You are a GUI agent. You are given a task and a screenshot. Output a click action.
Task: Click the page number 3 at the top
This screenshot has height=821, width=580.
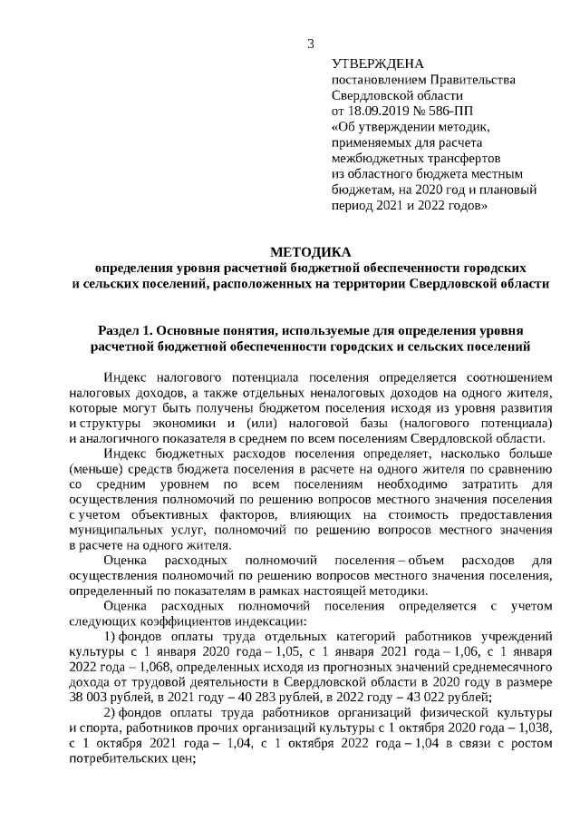point(311,44)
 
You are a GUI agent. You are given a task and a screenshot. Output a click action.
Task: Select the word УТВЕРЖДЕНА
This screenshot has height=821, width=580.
point(378,64)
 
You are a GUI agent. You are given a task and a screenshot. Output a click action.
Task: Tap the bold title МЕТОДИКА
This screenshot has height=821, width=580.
point(310,251)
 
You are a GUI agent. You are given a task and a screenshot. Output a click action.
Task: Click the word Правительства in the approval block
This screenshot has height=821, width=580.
point(476,79)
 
